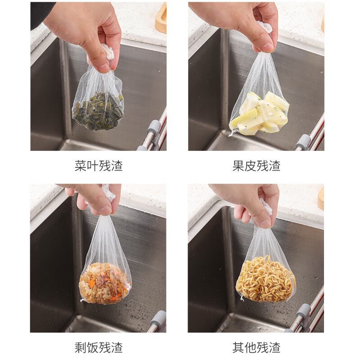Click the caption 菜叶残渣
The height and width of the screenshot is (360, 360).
pyautogui.click(x=99, y=166)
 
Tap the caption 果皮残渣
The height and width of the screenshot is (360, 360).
pyautogui.click(x=256, y=166)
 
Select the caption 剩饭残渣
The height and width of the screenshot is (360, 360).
pyautogui.click(x=99, y=347)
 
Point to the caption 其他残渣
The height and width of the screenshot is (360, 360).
pyautogui.click(x=256, y=347)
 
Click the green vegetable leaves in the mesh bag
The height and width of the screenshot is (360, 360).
pyautogui.click(x=98, y=111)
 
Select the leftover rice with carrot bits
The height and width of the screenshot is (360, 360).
pyautogui.click(x=104, y=283)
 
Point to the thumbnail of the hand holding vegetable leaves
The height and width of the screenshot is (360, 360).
pyautogui.click(x=99, y=76)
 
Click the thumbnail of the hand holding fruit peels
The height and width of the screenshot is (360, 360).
pyautogui.click(x=256, y=76)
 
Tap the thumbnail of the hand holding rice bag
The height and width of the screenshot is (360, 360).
pyautogui.click(x=98, y=258)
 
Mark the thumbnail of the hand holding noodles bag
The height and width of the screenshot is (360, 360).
pyautogui.click(x=256, y=258)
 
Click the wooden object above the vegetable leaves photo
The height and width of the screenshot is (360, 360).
pyautogui.click(x=161, y=19)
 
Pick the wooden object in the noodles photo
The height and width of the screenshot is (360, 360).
pyautogui.click(x=321, y=198)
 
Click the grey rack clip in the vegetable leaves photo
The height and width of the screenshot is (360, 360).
pyautogui.click(x=153, y=128)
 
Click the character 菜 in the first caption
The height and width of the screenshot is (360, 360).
pyautogui.click(x=81, y=166)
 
